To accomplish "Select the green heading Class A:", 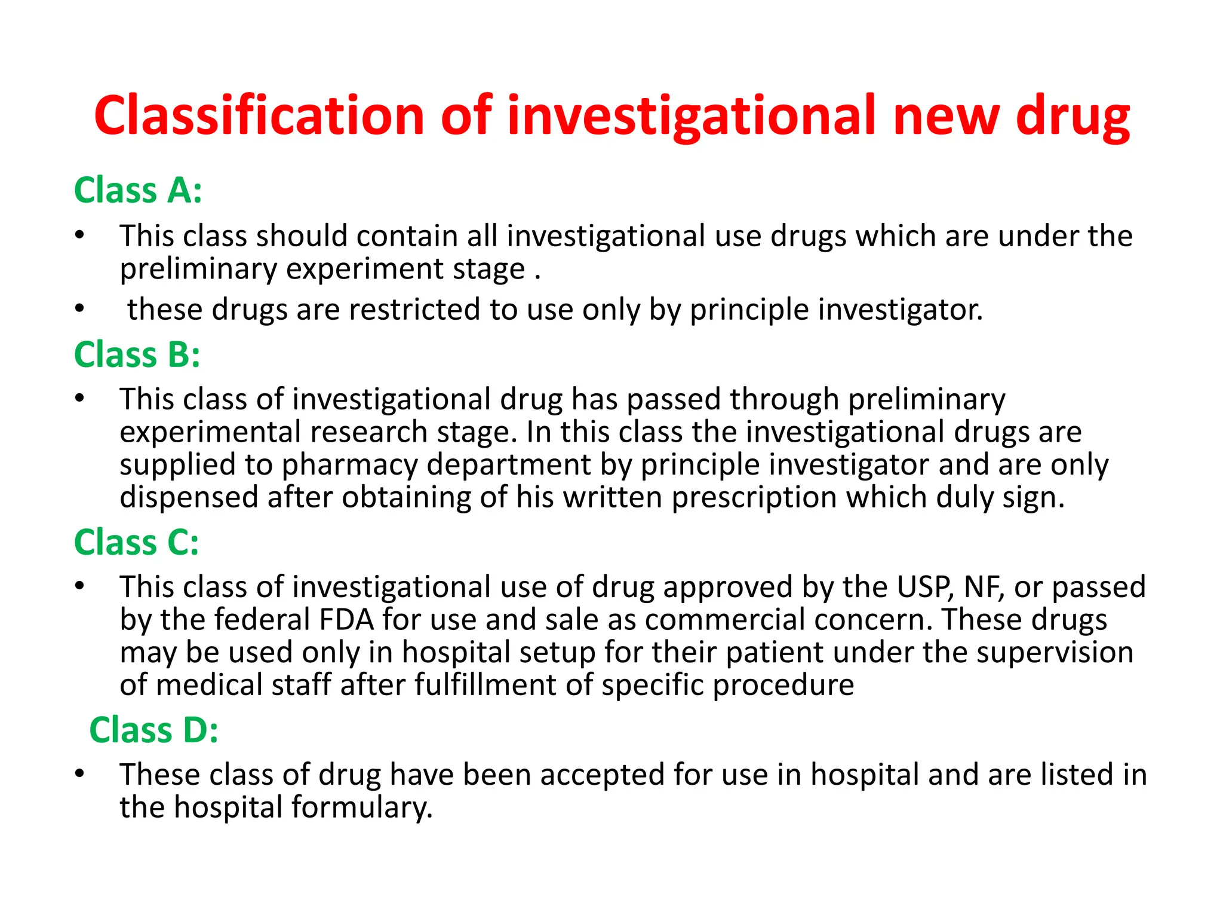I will point(138,191).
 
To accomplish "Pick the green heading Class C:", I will point(136,542).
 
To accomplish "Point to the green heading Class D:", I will point(153,730).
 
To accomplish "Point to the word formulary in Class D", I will point(362,807).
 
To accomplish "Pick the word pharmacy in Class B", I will point(349,465).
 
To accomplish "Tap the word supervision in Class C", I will point(1055,652).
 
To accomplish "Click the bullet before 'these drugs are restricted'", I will point(79,310).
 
